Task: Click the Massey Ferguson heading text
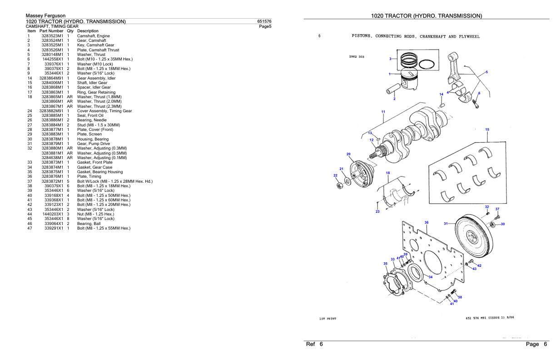point(45,16)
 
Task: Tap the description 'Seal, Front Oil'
point(90,115)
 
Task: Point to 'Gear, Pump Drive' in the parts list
point(94,144)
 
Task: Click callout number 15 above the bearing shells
point(487,130)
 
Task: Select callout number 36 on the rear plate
point(426,222)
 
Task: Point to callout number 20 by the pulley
point(348,154)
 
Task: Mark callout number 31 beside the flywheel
point(446,223)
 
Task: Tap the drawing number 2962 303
point(357,57)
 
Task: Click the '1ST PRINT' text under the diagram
point(328,319)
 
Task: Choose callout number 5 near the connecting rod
point(486,72)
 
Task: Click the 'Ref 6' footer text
point(314,345)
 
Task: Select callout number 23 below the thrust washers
point(377,211)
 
